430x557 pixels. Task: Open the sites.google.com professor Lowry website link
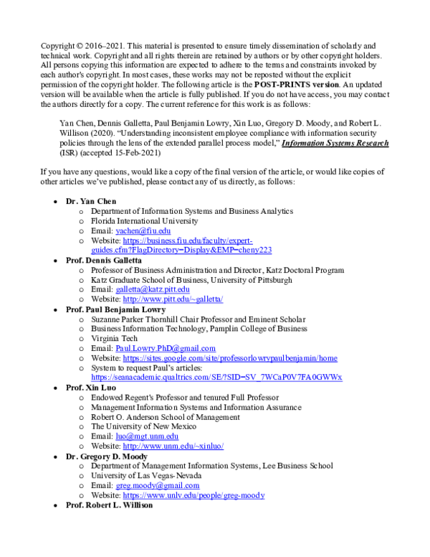tap(229, 357)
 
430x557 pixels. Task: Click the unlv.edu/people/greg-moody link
tap(193, 495)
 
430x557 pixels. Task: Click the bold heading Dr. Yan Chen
tap(90, 202)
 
